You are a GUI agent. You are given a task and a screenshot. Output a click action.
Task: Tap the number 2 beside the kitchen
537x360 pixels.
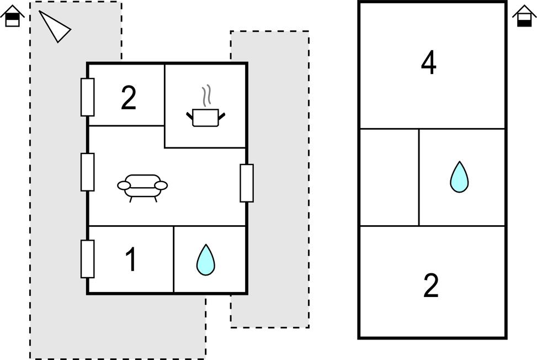coord(129,98)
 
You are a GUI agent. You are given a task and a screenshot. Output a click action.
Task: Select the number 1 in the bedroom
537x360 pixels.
coord(131,260)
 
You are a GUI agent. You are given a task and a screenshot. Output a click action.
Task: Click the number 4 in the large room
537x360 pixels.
coord(429,62)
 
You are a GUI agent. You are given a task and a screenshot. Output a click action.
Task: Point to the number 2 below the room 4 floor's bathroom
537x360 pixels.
coord(431,285)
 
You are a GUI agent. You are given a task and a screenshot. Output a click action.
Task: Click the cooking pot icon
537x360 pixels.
coord(205,118)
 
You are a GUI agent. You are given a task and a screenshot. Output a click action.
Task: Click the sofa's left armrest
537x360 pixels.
coord(124,186)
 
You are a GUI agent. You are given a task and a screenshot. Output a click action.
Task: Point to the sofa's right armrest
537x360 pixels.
coord(161,186)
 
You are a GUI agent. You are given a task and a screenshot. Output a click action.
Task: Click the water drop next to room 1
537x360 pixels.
coord(205,260)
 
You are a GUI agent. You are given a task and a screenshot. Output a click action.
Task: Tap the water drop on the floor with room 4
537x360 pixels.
coord(459,177)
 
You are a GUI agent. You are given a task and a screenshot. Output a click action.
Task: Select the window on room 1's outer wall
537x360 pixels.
coord(87,259)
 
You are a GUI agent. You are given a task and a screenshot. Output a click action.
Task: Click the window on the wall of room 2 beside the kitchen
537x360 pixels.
coord(87,97)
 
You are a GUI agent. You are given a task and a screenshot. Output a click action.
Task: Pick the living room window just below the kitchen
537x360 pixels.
coord(247,183)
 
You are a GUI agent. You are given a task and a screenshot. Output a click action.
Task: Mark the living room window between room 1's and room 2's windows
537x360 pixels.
coord(87,172)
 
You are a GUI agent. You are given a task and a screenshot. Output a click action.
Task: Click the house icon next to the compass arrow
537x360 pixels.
coord(13,15)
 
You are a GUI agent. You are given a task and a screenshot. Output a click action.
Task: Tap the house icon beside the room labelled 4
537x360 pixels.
coord(524,15)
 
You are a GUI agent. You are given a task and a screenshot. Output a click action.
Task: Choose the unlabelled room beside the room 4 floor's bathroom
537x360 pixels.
coord(390,177)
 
